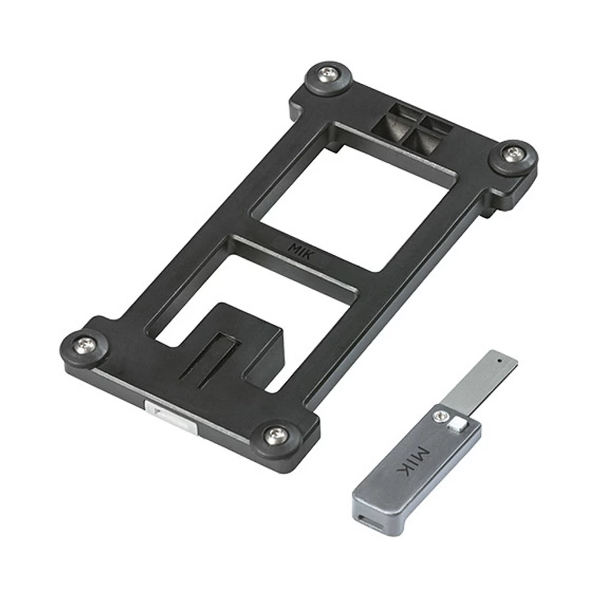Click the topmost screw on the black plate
pyautogui.click(x=329, y=74)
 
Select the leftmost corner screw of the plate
pyautogui.click(x=86, y=345)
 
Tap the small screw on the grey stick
pyautogui.click(x=441, y=416)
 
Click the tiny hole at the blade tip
pyautogui.click(x=499, y=359)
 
